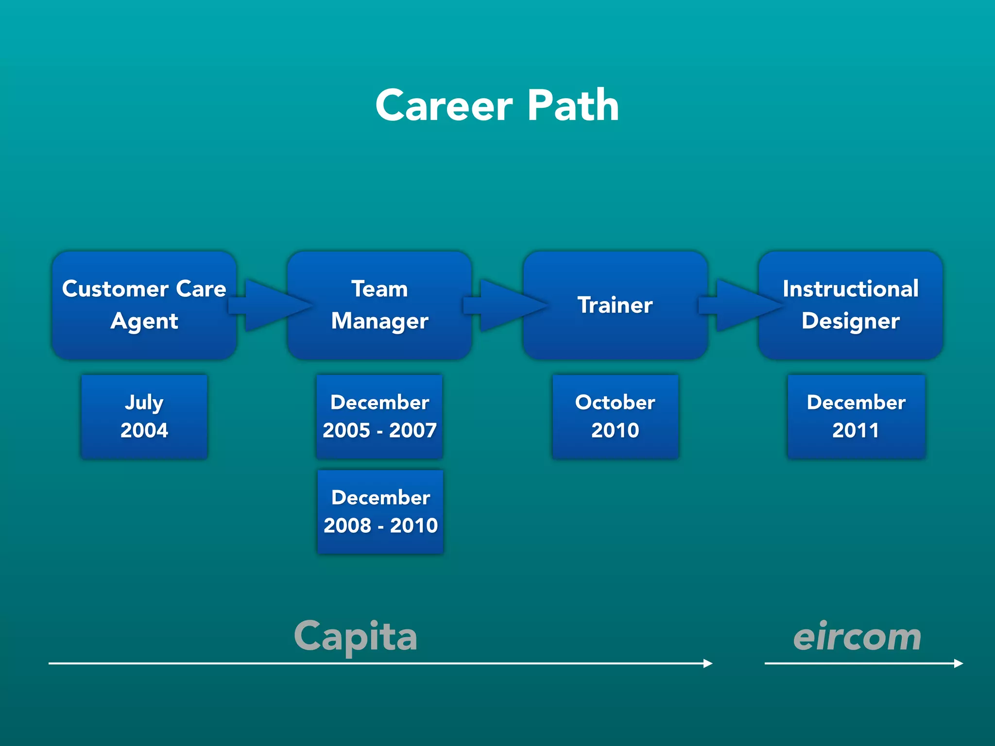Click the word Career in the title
click(x=444, y=106)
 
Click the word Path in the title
click(x=573, y=106)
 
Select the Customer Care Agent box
click(x=144, y=305)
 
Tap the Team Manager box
click(x=379, y=305)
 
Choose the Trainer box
click(x=615, y=305)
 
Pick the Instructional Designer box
click(x=850, y=305)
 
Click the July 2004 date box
click(x=144, y=416)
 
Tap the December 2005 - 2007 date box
click(x=379, y=416)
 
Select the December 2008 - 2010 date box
click(x=380, y=511)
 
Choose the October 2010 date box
click(x=615, y=416)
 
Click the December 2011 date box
click(x=856, y=416)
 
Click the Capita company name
click(x=356, y=636)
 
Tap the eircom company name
click(x=857, y=636)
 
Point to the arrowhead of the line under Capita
click(x=708, y=663)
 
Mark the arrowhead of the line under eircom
click(x=959, y=663)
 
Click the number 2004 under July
click(x=144, y=430)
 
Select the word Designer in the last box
click(x=850, y=321)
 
